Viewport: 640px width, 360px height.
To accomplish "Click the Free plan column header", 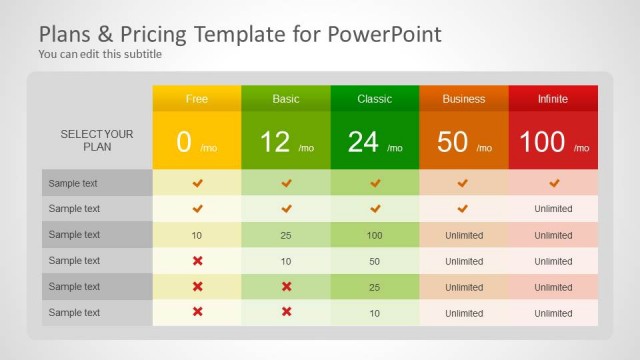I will coord(197,99).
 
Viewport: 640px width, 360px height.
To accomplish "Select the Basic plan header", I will coord(286,99).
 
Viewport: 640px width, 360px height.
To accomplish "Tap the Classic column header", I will coord(375,99).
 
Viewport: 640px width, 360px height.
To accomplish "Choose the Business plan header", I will coord(464,99).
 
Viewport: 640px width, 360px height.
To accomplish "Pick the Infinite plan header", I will coord(553,99).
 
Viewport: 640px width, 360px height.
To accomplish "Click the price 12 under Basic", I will coord(275,142).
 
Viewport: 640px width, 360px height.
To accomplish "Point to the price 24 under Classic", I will coord(364,142).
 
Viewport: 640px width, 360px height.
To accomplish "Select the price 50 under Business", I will coord(453,142).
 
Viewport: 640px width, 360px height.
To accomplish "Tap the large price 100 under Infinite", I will coord(543,142).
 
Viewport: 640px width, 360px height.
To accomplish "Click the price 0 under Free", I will coord(184,142).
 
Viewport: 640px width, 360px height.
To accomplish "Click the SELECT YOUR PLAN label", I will coord(97,140).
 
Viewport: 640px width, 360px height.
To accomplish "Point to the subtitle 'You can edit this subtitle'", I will coord(100,54).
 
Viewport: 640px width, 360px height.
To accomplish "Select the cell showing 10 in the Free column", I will coord(197,235).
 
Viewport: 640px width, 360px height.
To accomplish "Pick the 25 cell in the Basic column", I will coord(286,235).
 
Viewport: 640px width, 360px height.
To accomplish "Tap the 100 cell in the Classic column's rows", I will coord(375,235).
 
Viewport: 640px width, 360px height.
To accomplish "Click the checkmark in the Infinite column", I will coord(553,183).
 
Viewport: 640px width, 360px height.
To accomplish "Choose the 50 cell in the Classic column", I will coord(375,261).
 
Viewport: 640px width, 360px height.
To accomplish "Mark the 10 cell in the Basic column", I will coord(286,261).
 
